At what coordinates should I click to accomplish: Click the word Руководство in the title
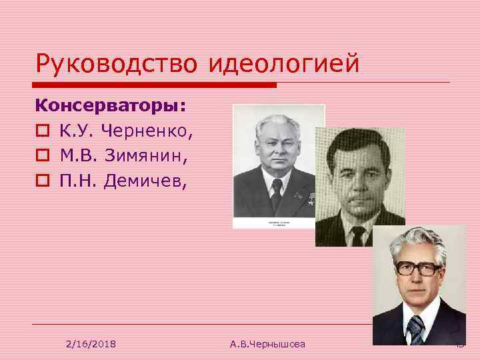(117, 65)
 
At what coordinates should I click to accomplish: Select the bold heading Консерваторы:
(111, 106)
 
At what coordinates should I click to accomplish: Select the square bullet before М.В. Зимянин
(42, 157)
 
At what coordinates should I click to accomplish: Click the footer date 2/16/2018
(91, 343)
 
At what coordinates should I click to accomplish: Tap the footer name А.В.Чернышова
(267, 343)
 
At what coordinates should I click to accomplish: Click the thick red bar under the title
(156, 85)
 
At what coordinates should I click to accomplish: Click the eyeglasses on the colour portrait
(417, 268)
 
